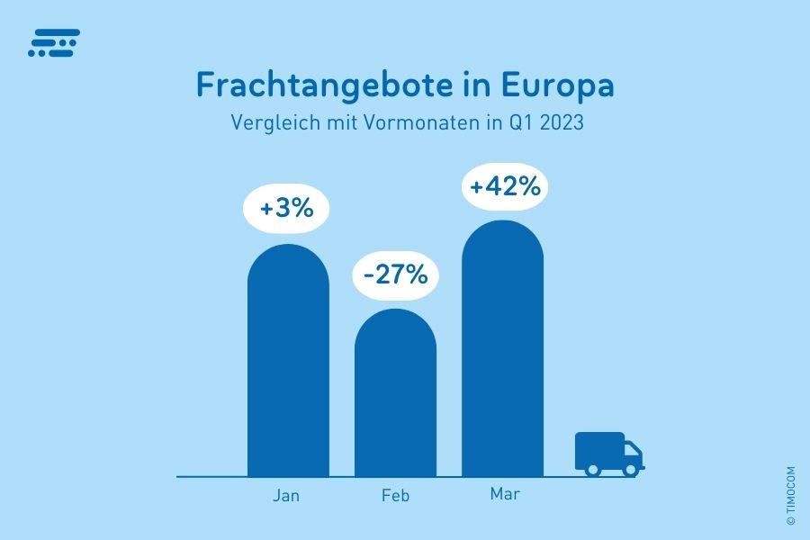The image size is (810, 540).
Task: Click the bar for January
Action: [288, 360]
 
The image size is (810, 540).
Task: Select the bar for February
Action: [395, 392]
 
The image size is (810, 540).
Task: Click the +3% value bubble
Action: [286, 209]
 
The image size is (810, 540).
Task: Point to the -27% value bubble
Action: [395, 274]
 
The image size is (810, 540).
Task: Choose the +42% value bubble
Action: [505, 186]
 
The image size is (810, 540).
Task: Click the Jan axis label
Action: [286, 496]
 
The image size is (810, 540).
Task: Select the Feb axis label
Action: [395, 496]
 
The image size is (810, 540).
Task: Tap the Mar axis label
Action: [505, 494]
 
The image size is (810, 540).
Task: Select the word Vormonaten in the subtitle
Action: [422, 122]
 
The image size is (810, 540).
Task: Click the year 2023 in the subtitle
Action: [561, 122]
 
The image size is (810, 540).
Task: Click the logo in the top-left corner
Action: [54, 42]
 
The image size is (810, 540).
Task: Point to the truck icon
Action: [608, 453]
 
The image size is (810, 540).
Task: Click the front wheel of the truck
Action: [631, 469]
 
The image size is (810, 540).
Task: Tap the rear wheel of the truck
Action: [592, 469]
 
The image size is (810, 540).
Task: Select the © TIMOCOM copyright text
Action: [790, 495]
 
